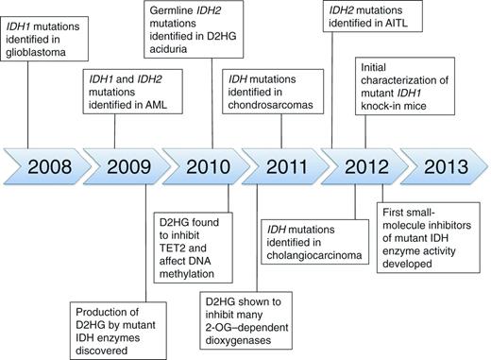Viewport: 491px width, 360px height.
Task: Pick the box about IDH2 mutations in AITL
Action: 370,23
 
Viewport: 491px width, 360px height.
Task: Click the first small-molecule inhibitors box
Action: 424,249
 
